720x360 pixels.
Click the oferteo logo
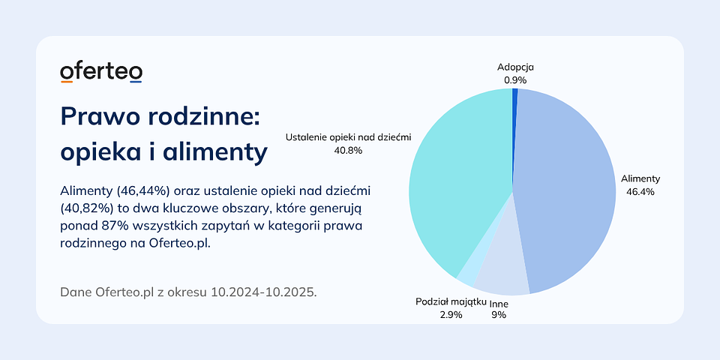(101, 73)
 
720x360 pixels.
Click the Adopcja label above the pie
(515, 67)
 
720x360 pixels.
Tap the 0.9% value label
(515, 80)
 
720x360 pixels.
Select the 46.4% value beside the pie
(640, 192)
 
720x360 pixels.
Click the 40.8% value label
(349, 150)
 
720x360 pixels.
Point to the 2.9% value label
(451, 315)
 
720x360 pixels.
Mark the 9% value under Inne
(499, 315)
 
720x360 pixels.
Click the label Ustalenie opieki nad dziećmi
(349, 137)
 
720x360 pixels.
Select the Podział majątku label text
(451, 302)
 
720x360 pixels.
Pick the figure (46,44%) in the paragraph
(142, 190)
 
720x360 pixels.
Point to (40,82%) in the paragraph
(86, 208)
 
